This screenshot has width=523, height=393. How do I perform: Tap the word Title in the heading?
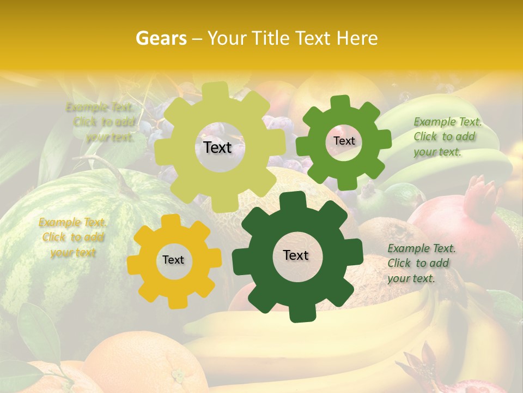click(x=271, y=38)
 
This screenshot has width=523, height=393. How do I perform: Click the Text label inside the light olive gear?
click(x=217, y=147)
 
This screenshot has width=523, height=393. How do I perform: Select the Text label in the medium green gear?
click(x=344, y=141)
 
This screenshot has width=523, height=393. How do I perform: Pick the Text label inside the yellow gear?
click(x=173, y=260)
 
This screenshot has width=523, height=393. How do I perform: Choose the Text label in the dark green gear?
click(x=296, y=255)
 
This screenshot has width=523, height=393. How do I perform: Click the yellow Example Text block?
click(x=72, y=237)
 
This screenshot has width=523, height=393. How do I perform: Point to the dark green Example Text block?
click(x=421, y=263)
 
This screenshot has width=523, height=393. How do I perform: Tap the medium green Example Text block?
click(x=447, y=136)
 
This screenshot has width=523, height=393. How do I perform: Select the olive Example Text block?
click(x=102, y=122)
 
